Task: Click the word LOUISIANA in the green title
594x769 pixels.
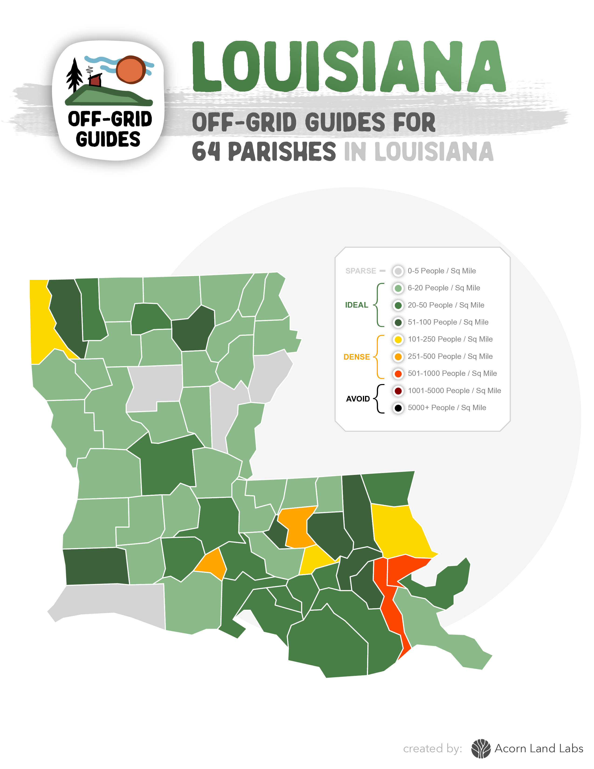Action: click(x=348, y=67)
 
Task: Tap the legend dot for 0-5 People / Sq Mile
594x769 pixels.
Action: click(x=398, y=271)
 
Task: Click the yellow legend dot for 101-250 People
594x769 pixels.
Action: click(x=398, y=340)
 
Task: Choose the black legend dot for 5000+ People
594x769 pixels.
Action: click(x=398, y=408)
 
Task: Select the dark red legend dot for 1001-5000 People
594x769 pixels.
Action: click(x=398, y=391)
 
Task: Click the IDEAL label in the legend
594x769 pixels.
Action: click(x=356, y=305)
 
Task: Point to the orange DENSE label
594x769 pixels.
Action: click(x=356, y=357)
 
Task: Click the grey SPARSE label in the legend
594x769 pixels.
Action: click(x=360, y=271)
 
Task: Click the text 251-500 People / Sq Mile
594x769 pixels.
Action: click(x=450, y=356)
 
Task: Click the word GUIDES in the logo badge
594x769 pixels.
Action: click(x=108, y=139)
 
